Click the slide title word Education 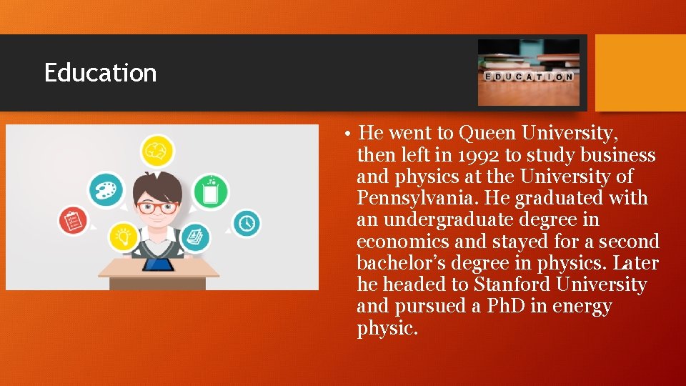tap(100, 73)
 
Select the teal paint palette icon tap(106, 190)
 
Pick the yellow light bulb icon tap(124, 237)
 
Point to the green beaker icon tap(211, 191)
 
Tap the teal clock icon tap(247, 222)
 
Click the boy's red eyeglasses tap(158, 208)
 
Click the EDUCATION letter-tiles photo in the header tap(529, 73)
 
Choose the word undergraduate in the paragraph tap(455, 219)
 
